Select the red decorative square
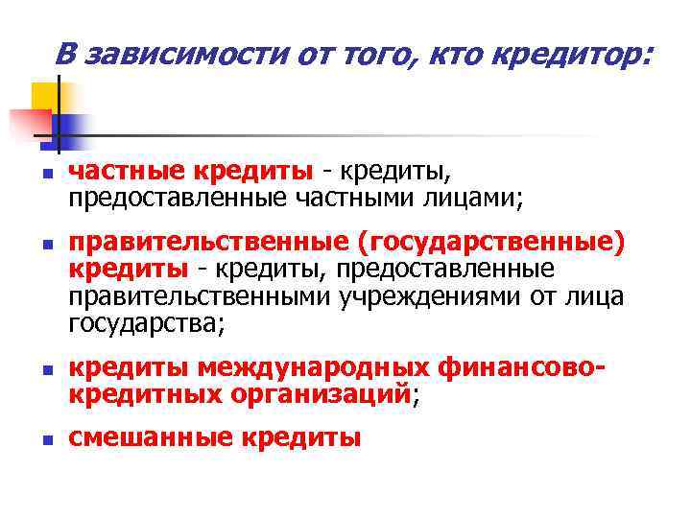click(x=29, y=124)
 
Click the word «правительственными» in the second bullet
click(x=200, y=297)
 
